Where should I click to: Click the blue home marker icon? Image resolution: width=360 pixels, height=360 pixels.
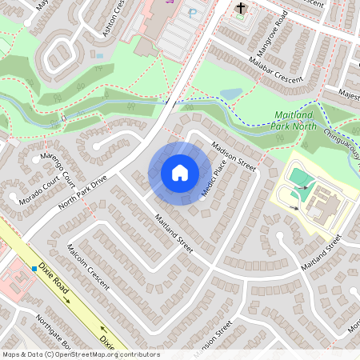pyautogui.click(x=180, y=173)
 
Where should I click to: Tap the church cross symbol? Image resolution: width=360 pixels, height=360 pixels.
pyautogui.click(x=241, y=10)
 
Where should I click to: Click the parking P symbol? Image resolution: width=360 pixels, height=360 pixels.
pyautogui.click(x=193, y=13)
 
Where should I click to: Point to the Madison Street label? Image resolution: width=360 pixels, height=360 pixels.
pyautogui.click(x=233, y=158)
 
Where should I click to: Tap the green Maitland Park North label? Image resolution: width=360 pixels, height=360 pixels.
pyautogui.click(x=297, y=119)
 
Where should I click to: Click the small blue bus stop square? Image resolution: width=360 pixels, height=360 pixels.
pyautogui.click(x=34, y=269)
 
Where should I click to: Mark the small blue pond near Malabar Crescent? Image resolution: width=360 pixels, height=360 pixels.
pyautogui.click(x=229, y=94)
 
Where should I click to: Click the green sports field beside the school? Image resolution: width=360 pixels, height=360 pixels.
pyautogui.click(x=298, y=177)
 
